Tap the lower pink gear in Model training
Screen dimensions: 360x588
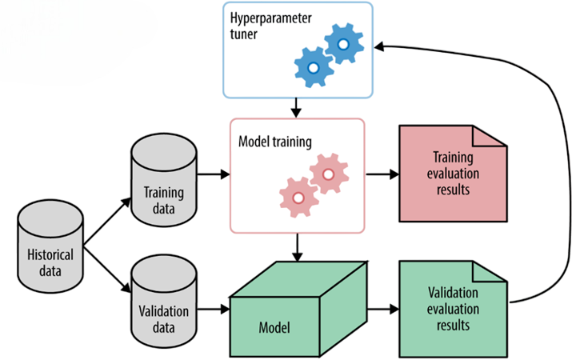(x=297, y=197)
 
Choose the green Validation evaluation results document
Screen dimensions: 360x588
(x=452, y=307)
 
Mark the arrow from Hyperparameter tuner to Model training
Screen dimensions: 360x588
(x=296, y=106)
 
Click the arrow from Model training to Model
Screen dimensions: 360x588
(x=297, y=245)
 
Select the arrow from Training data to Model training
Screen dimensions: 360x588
(x=211, y=172)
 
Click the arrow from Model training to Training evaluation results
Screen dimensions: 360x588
(x=382, y=172)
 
